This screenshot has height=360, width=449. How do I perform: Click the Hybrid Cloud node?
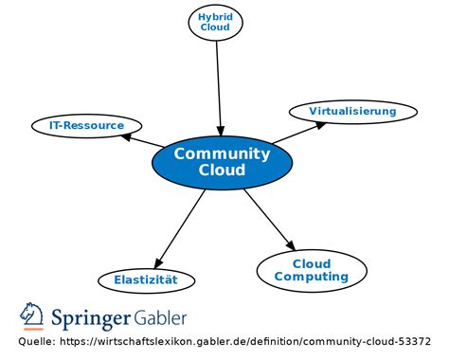click(x=216, y=23)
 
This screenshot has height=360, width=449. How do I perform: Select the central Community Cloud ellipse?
click(x=222, y=162)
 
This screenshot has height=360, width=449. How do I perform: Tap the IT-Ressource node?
click(x=86, y=126)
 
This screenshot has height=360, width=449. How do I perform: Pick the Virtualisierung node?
click(x=353, y=112)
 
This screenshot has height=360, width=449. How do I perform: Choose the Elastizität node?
click(x=146, y=280)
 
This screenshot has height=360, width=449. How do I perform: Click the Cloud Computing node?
click(x=312, y=271)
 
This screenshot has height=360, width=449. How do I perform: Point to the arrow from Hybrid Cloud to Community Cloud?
click(x=219, y=89)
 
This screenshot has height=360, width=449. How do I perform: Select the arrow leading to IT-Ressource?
click(x=142, y=140)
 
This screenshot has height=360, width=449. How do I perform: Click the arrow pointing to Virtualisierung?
click(x=299, y=133)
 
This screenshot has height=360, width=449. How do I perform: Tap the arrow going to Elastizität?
click(x=180, y=229)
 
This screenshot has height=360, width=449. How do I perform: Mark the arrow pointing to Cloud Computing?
click(x=270, y=220)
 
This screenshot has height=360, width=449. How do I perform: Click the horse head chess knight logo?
click(x=32, y=315)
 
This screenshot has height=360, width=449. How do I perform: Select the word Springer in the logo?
click(x=91, y=318)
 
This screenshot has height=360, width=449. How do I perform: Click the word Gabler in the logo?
click(x=160, y=317)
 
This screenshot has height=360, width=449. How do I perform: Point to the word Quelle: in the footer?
click(x=37, y=342)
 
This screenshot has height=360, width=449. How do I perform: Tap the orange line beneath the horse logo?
click(x=33, y=330)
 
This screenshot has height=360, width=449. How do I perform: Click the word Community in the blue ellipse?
click(x=222, y=154)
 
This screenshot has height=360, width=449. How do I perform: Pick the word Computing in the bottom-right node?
click(x=312, y=277)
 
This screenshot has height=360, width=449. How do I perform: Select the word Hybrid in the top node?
click(x=215, y=17)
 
